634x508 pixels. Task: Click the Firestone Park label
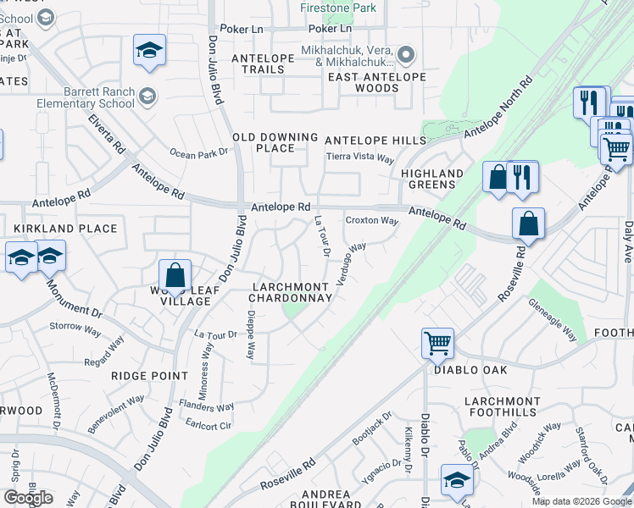click(337, 8)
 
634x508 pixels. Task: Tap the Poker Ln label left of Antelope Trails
click(242, 29)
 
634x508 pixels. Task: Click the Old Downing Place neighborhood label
click(275, 142)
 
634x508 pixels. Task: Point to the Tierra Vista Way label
click(362, 158)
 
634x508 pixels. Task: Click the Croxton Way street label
click(371, 221)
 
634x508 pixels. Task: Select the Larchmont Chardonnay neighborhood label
click(292, 292)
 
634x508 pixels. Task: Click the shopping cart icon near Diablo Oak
click(437, 343)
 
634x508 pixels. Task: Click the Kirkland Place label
click(64, 229)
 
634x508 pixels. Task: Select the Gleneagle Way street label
click(552, 319)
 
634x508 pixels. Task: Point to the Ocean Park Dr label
click(199, 152)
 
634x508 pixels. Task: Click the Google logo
click(28, 497)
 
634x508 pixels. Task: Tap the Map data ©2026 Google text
click(581, 501)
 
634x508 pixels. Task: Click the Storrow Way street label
click(75, 326)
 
